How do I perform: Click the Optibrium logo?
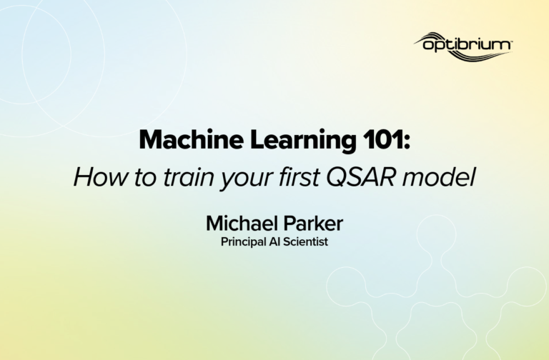[463, 46]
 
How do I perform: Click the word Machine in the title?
[191, 140]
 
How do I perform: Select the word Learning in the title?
[303, 141]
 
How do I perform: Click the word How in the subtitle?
[101, 177]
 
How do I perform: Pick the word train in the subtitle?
[189, 177]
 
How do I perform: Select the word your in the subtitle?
[246, 180]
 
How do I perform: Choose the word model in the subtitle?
[439, 177]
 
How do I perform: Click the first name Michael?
[242, 223]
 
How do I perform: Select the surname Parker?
[313, 223]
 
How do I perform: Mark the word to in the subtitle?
[145, 178]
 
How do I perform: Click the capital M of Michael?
[214, 223]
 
